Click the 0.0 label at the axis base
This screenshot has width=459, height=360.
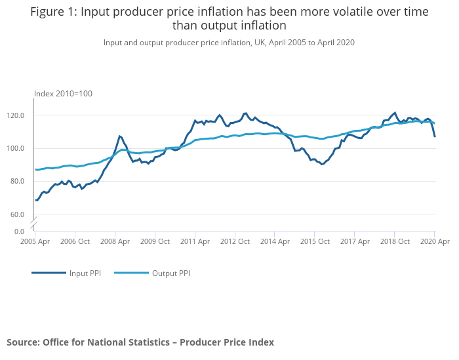tap(20, 231)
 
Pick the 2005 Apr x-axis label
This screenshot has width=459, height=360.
tap(35, 241)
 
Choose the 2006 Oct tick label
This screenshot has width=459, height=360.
tap(75, 241)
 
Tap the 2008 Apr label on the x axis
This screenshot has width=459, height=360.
tap(115, 241)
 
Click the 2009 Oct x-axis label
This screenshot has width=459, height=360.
tap(155, 241)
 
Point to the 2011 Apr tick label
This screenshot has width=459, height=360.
tap(195, 241)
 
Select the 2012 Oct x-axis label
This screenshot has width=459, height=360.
tap(235, 241)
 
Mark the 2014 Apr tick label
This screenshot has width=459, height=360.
tap(275, 241)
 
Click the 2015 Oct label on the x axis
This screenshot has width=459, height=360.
tap(314, 241)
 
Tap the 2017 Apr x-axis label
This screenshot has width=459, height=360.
tap(354, 241)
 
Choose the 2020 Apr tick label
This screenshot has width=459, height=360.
tap(433, 241)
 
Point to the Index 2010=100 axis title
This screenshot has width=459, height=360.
tap(64, 94)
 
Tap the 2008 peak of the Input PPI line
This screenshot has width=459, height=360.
tap(119, 136)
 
